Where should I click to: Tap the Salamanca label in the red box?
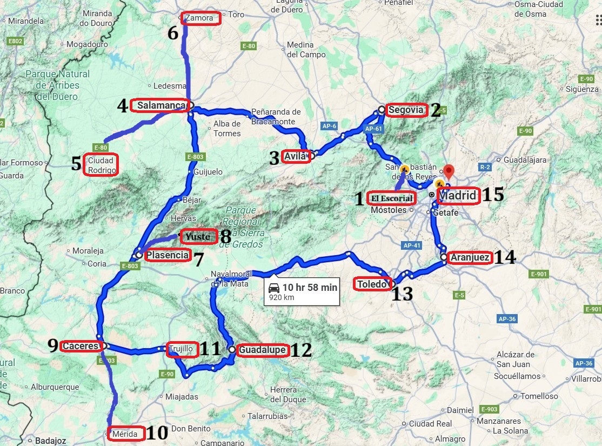[160, 106]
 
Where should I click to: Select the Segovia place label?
[405, 110]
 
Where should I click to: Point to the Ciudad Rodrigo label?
[101, 165]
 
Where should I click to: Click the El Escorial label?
[392, 198]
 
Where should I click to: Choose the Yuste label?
[198, 236]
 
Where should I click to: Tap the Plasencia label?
[168, 255]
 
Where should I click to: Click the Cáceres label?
[81, 346]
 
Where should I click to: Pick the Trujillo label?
[180, 349]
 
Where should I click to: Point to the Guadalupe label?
[262, 350]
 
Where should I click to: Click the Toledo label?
[372, 284]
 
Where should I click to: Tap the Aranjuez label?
[470, 258]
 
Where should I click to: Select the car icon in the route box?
[274, 288]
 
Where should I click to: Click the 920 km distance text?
[280, 297]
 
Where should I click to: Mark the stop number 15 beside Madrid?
[493, 195]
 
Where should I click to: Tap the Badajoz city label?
[50, 441]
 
